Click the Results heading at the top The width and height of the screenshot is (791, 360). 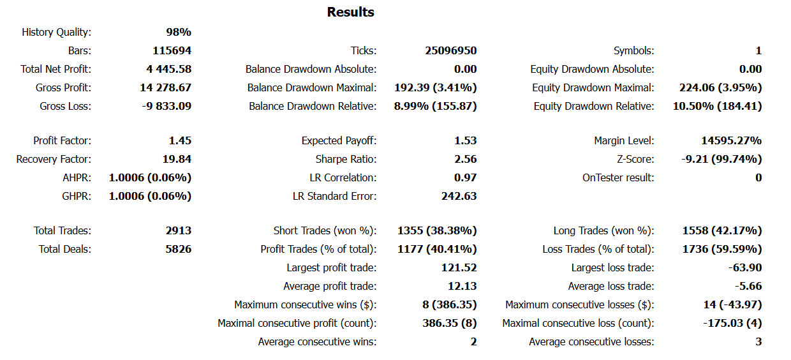[350, 12]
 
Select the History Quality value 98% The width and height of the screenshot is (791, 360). [179, 32]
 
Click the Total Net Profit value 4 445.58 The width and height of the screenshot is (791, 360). [168, 69]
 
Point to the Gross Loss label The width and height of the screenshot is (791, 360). [65, 106]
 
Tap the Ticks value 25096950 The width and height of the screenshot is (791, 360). [450, 50]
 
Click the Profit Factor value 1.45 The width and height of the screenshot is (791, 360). [181, 140]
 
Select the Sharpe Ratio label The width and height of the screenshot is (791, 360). [346, 159]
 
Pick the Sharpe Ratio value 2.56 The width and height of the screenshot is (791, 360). [465, 159]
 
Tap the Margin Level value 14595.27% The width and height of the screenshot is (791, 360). [731, 140]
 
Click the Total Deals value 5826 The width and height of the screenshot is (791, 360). [178, 249]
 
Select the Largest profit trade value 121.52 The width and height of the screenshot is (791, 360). [459, 267]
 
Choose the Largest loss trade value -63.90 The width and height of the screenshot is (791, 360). [744, 267]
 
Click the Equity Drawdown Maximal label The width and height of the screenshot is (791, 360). [593, 87]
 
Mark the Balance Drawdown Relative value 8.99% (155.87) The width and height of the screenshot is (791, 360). [435, 106]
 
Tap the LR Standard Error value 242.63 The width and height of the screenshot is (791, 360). [459, 196]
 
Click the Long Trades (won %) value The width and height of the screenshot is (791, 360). [722, 230]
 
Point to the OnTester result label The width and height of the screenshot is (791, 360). [618, 177]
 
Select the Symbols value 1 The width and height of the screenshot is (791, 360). [758, 50]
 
